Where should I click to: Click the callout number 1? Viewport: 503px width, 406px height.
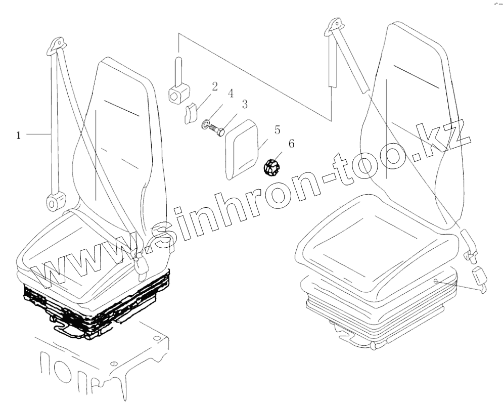[x=19, y=135]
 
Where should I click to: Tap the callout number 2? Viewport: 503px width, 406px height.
[x=214, y=86]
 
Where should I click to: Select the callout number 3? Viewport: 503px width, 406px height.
[x=244, y=105]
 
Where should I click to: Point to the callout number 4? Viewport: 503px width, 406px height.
[x=230, y=94]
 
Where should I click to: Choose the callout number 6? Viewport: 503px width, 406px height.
[x=291, y=144]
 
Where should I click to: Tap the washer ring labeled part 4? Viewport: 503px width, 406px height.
[x=207, y=124]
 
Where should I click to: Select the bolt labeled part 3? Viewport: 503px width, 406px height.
[x=218, y=130]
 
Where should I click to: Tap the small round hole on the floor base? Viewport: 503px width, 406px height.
[x=114, y=364]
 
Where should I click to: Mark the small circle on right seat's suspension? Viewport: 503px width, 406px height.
[x=435, y=280]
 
